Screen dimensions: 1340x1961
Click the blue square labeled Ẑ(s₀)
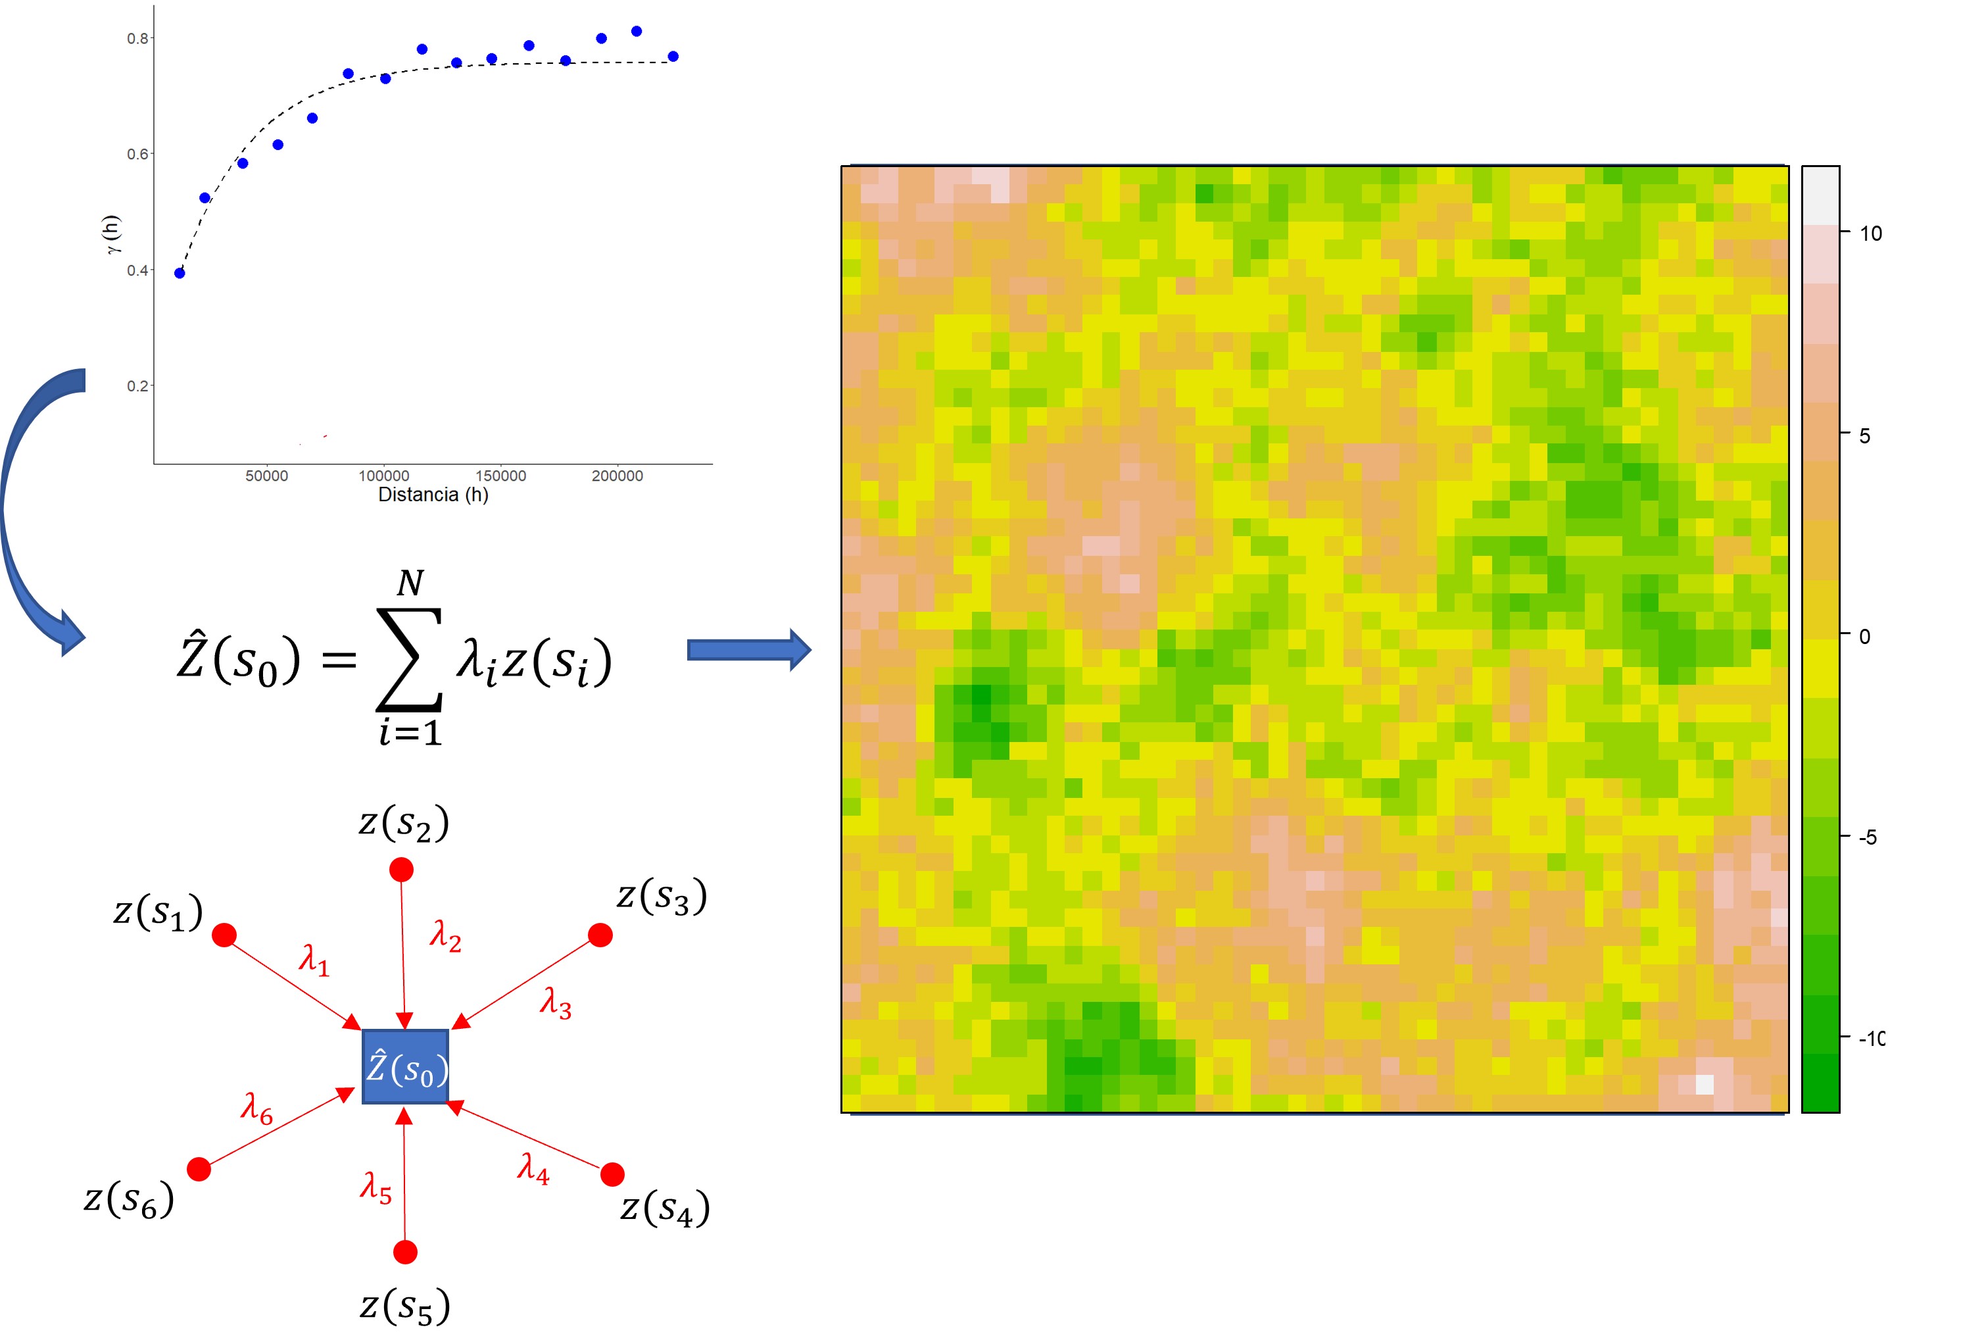click(405, 1066)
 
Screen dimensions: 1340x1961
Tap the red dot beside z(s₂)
click(402, 869)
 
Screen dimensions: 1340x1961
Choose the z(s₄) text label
click(665, 1208)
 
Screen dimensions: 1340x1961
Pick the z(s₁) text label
click(158, 912)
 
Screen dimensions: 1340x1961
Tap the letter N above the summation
click(411, 583)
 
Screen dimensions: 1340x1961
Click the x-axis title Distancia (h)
click(433, 495)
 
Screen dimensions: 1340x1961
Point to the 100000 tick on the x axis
click(384, 476)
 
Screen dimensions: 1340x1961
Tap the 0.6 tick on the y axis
click(137, 155)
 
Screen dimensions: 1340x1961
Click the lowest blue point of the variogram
click(180, 272)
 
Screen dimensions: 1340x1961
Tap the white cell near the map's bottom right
click(1705, 1084)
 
